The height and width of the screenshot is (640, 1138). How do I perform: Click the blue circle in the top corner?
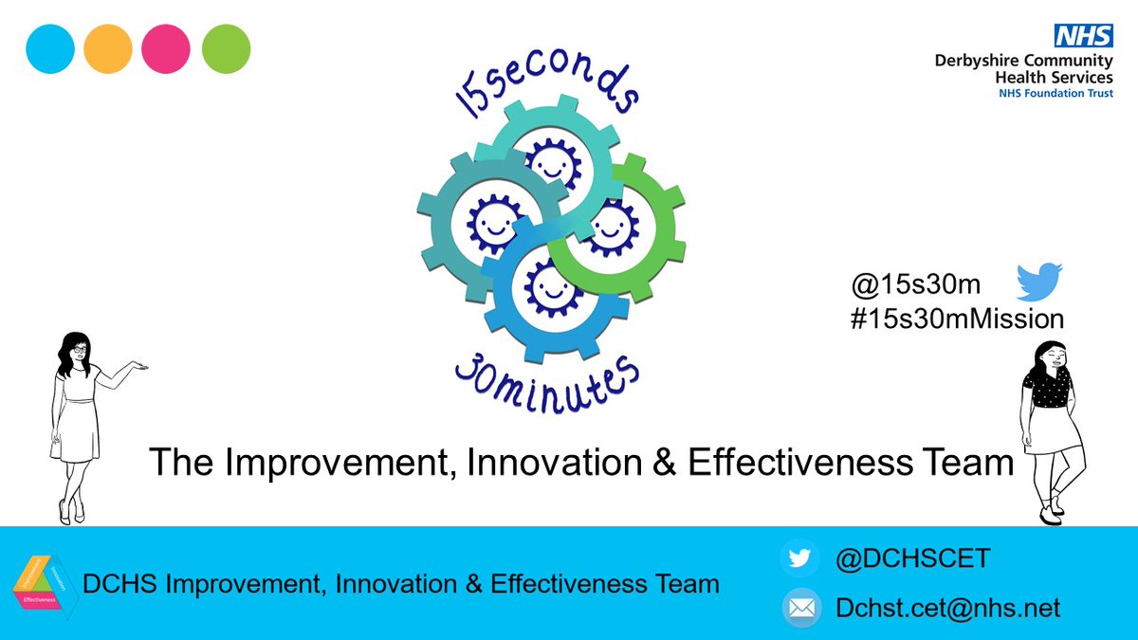click(x=51, y=48)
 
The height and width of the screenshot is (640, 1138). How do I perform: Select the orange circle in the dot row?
click(x=108, y=48)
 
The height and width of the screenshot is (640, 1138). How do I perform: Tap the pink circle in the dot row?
click(x=166, y=48)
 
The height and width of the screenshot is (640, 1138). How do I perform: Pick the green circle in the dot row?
click(x=226, y=48)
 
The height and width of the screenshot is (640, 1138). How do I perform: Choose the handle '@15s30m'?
click(x=916, y=283)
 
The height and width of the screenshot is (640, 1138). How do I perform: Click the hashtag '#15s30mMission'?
click(x=957, y=319)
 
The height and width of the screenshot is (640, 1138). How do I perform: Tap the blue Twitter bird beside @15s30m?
click(x=1039, y=283)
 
